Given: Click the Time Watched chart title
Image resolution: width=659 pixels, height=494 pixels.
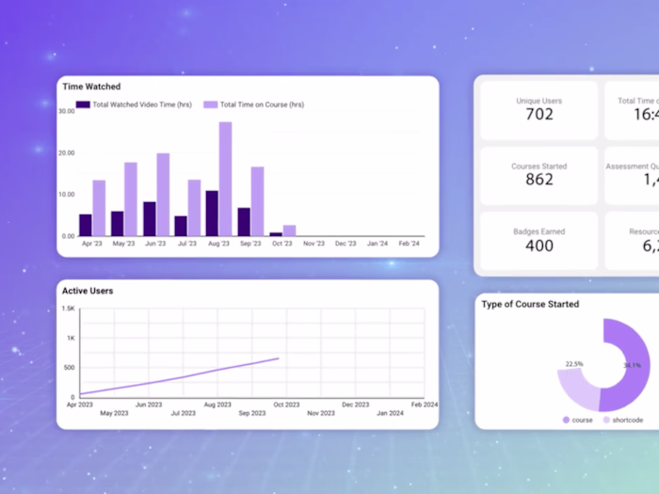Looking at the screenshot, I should click(x=92, y=87).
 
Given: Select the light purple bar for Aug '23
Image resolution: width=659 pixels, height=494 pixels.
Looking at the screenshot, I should click(x=225, y=179).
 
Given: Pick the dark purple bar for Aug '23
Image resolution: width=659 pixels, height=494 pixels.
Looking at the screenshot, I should click(x=212, y=214).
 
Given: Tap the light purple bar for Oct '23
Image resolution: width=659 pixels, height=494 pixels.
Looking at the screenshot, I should click(x=290, y=231).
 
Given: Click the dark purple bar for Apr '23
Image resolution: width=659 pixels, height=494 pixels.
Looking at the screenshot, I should click(x=86, y=225).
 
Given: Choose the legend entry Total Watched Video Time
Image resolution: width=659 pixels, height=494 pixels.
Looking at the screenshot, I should click(x=134, y=104).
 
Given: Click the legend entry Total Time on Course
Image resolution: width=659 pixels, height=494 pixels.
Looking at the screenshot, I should click(x=254, y=104).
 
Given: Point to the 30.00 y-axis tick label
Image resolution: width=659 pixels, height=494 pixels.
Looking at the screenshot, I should click(x=66, y=111).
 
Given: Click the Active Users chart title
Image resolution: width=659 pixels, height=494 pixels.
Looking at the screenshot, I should click(x=88, y=291).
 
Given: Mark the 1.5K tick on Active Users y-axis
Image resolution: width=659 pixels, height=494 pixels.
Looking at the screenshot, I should click(x=69, y=309).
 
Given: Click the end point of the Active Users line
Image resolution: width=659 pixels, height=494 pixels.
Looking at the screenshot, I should click(x=279, y=359).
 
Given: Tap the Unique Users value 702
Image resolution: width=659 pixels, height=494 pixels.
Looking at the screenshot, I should click(x=539, y=115).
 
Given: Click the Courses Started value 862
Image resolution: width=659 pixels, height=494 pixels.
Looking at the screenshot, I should click(x=539, y=180).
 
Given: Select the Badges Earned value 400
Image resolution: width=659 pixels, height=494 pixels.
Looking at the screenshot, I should click(x=539, y=246).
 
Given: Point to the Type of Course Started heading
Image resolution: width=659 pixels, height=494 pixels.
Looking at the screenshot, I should click(x=530, y=304).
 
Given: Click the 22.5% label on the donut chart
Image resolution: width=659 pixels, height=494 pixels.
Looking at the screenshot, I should click(x=573, y=363).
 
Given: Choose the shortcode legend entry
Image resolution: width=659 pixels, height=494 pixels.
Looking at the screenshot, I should click(x=622, y=420).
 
